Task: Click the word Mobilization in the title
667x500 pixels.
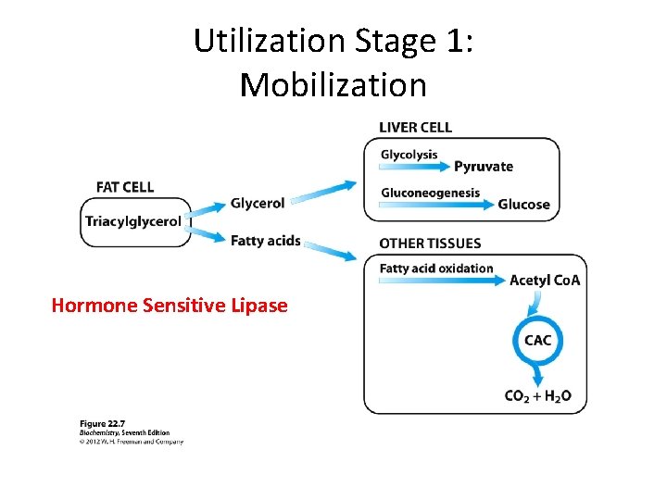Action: coord(333,85)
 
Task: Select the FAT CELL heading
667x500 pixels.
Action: coord(125,187)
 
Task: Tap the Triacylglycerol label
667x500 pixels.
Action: coord(132,221)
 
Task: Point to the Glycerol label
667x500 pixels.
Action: coord(258,204)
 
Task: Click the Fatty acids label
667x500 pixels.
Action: coord(266,241)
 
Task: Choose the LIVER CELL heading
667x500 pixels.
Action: coord(416,127)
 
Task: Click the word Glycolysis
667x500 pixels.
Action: coord(409,155)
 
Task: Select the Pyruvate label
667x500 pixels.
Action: coord(483,167)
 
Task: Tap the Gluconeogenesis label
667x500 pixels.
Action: coord(430,193)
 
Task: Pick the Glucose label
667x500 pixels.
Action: coord(523,205)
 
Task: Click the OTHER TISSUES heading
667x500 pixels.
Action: coord(430,244)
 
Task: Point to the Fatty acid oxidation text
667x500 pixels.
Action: coord(436,269)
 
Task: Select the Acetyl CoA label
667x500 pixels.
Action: coord(545,281)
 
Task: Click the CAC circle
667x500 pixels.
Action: coord(537,341)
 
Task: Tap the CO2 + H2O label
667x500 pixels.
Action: coord(537,396)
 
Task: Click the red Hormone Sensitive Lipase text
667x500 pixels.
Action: coord(170,306)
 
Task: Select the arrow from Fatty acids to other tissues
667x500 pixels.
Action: coord(329,250)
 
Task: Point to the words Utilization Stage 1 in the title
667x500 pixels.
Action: coord(333,42)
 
